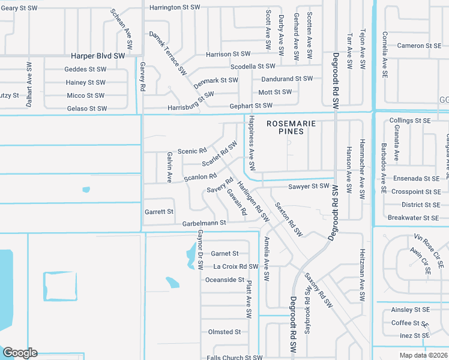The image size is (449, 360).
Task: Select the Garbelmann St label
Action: tap(204, 223)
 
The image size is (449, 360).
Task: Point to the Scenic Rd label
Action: tap(192, 151)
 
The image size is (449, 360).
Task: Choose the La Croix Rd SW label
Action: tap(236, 266)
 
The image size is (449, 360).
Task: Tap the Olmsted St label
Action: tap(224, 332)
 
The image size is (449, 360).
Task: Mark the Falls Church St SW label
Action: tap(235, 358)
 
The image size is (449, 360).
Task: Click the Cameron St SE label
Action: tap(419, 46)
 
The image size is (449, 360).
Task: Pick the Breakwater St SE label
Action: tap(413, 218)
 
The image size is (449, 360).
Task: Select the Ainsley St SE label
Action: tap(410, 310)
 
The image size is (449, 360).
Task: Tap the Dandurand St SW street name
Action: tap(286, 79)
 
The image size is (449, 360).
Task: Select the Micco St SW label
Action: tap(85, 95)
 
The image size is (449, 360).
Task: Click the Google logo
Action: tap(20, 353)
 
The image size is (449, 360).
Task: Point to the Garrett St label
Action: tap(159, 212)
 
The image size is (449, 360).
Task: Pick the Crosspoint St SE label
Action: tap(415, 191)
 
